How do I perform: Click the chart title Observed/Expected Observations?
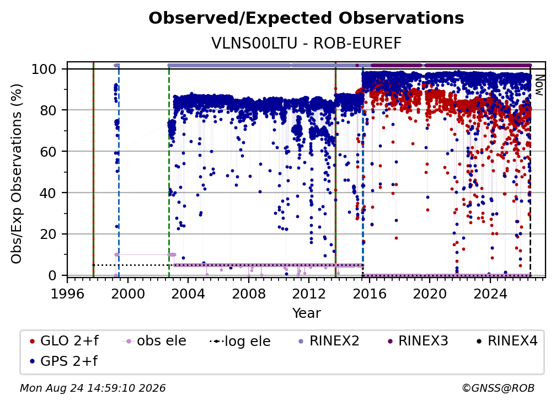306,18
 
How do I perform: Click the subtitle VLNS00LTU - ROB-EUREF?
306,43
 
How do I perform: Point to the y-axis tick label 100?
44,69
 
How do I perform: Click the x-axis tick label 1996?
67,294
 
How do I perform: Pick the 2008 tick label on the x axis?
249,294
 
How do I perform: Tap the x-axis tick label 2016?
370,294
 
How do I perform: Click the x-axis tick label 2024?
490,294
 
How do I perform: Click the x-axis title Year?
306,313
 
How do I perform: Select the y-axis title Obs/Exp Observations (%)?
17,174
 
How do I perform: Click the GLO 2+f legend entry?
64,341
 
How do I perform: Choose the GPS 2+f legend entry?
64,361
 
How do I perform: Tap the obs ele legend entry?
154,341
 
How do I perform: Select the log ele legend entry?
240,341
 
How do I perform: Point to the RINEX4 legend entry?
507,341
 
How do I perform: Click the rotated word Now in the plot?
539,85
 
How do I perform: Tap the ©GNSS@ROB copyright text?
498,388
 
